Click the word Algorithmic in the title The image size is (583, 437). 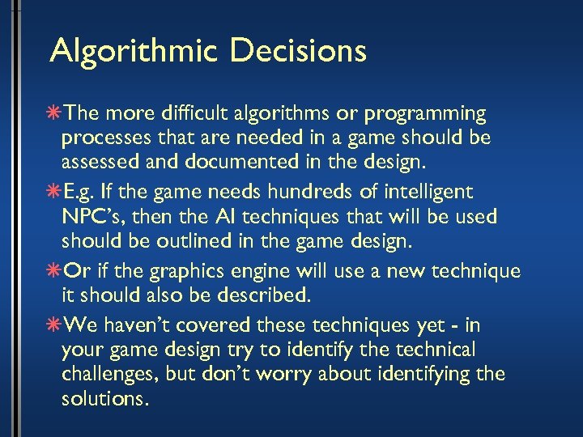coord(134,51)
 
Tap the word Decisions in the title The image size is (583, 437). coord(298,51)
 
